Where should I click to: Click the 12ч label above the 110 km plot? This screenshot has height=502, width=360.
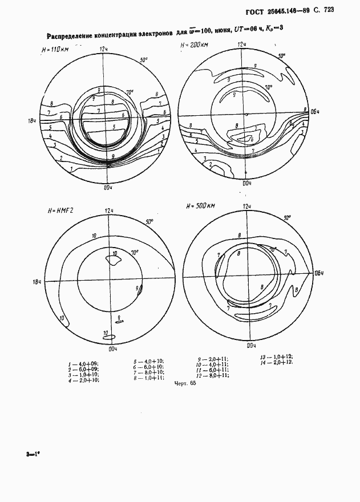point(104,49)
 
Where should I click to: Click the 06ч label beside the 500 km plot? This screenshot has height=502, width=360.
point(319,273)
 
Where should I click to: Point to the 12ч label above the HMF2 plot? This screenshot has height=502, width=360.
point(109,211)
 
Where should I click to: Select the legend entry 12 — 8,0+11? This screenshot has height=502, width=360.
point(212,376)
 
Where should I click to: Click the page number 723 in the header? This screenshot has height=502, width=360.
point(341,9)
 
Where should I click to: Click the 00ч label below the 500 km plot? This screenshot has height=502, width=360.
point(250,345)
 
